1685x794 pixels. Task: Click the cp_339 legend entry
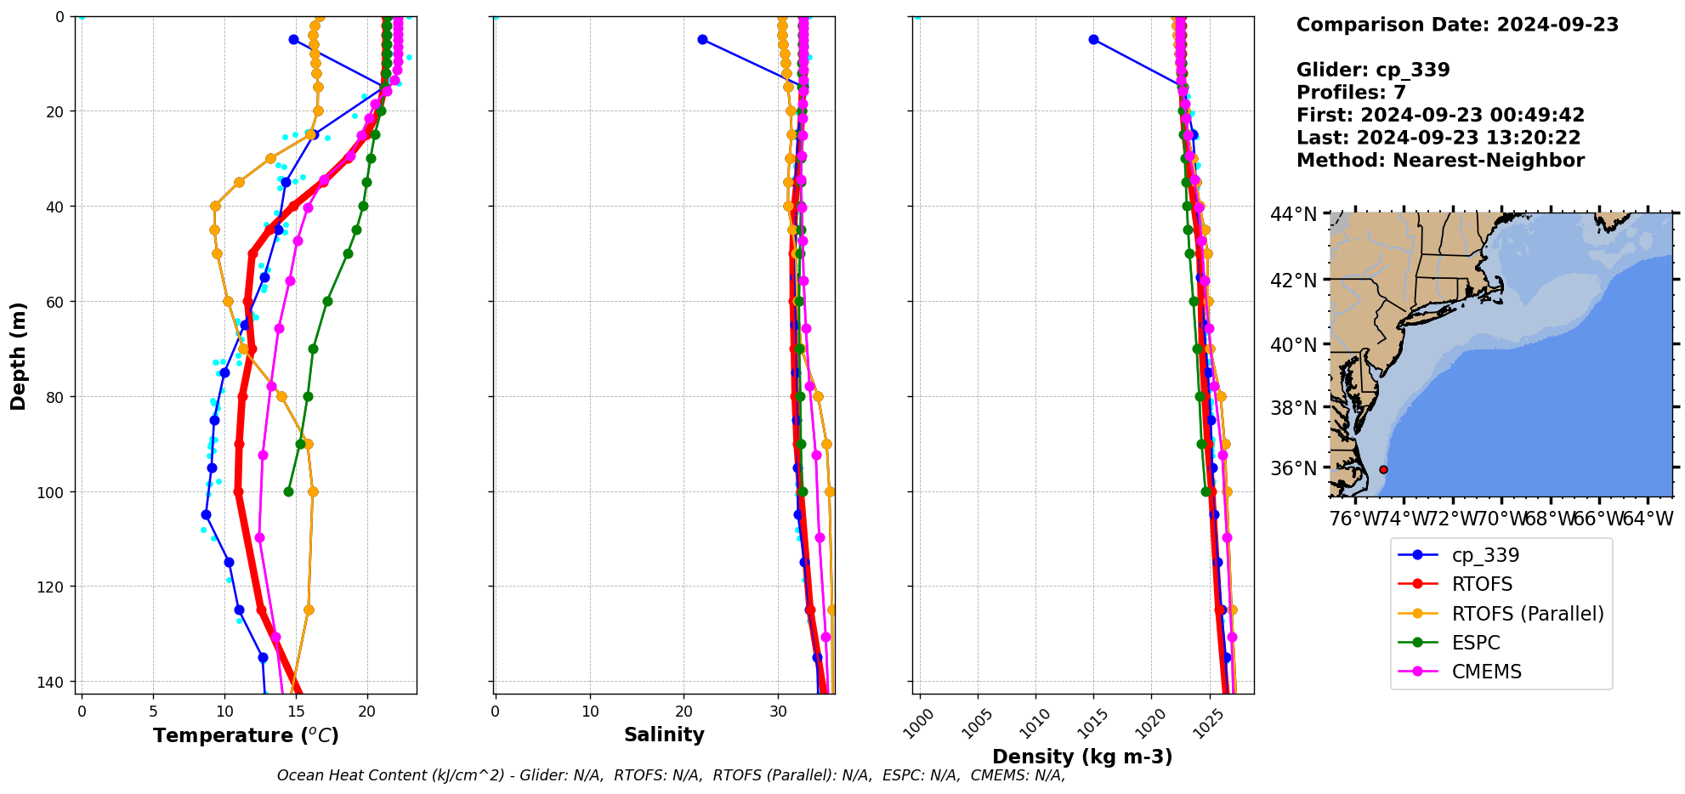pyautogui.click(x=1484, y=555)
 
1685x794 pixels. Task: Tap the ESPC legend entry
pyautogui.click(x=1475, y=643)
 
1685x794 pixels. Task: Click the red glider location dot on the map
pyautogui.click(x=1383, y=469)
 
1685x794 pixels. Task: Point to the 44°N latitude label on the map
pyautogui.click(x=1293, y=214)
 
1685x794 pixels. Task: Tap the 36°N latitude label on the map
pyautogui.click(x=1293, y=468)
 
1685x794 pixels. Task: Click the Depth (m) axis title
pyautogui.click(x=19, y=356)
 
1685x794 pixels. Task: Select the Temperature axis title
pyautogui.click(x=246, y=735)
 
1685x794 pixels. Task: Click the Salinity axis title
pyautogui.click(x=664, y=735)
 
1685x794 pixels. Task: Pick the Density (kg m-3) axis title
pyautogui.click(x=1082, y=757)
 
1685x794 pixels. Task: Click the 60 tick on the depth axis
pyautogui.click(x=56, y=302)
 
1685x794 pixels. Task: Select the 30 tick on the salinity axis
pyautogui.click(x=779, y=712)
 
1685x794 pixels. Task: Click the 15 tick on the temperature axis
pyautogui.click(x=296, y=712)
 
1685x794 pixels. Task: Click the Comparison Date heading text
pyautogui.click(x=1457, y=25)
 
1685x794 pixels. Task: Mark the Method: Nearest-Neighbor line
pyautogui.click(x=1440, y=161)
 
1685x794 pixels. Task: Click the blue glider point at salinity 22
pyautogui.click(x=702, y=39)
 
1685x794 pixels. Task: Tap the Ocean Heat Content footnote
pyautogui.click(x=671, y=775)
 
